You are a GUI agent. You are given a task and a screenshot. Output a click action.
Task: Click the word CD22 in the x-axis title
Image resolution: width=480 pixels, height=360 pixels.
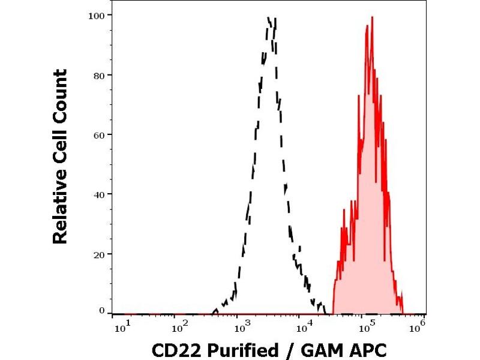pyautogui.click(x=175, y=349)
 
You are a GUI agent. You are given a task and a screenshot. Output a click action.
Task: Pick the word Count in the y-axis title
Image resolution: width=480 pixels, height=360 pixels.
pyautogui.click(x=61, y=92)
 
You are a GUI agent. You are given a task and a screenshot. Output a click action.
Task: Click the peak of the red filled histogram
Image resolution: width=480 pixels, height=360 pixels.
pyautogui.click(x=373, y=17)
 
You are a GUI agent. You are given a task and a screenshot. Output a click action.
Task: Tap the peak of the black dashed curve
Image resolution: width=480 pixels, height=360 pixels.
pyautogui.click(x=269, y=18)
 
